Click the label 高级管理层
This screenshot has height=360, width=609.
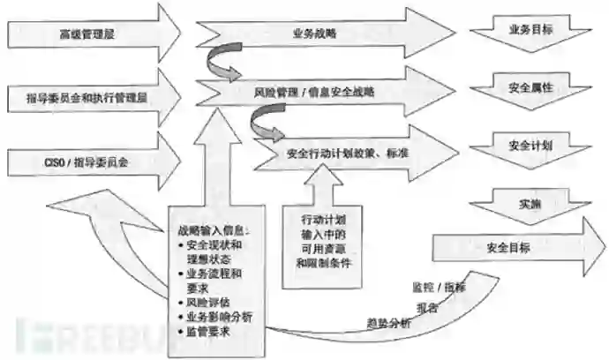point(87,34)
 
